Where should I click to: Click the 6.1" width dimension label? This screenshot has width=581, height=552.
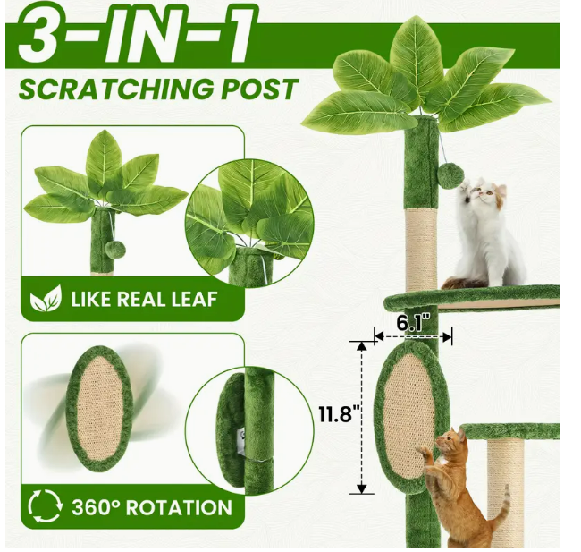[x=413, y=322]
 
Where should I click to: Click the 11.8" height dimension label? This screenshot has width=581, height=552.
[x=341, y=413]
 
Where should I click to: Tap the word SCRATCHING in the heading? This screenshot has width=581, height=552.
[x=116, y=89]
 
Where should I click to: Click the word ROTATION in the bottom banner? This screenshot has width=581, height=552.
[x=179, y=507]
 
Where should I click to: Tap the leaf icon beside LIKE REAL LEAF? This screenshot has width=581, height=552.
[x=46, y=298]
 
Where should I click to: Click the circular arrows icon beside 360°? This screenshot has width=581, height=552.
[x=45, y=506]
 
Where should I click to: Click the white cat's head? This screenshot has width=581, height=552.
[x=484, y=193]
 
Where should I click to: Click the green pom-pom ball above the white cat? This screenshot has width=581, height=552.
[x=450, y=177]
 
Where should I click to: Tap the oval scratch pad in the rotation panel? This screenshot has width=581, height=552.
[x=99, y=409]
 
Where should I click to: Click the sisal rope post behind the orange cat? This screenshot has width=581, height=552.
[x=505, y=492]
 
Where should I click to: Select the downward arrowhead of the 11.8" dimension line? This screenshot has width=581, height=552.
[x=362, y=488]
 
